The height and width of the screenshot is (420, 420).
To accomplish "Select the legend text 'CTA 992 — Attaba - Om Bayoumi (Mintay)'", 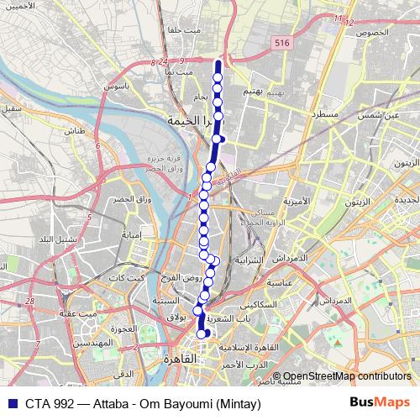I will click(x=143, y=403).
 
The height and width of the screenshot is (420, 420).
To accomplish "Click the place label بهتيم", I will click(x=253, y=89).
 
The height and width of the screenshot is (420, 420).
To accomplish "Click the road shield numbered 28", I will click(x=30, y=300).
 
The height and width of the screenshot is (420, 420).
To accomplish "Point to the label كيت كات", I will click(x=133, y=278).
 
